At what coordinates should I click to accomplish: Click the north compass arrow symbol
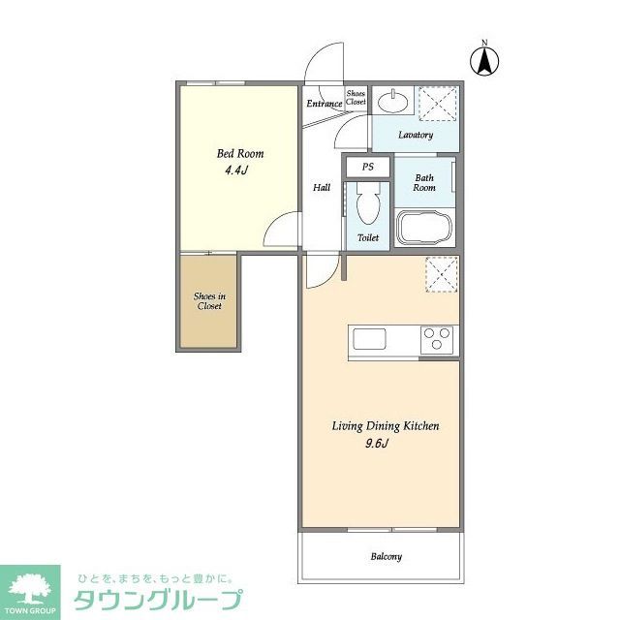(x=484, y=60)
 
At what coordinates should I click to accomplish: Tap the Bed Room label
(x=239, y=154)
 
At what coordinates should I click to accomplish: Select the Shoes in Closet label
(x=207, y=300)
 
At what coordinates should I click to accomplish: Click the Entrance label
(x=324, y=104)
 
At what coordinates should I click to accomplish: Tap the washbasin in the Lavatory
(x=393, y=101)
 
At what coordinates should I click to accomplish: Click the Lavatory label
(x=415, y=135)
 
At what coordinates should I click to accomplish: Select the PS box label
(x=367, y=167)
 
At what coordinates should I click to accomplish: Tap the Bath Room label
(x=424, y=182)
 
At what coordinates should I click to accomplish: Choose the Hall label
(x=322, y=188)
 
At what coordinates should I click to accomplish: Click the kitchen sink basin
(x=369, y=339)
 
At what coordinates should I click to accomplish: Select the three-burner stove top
(x=436, y=340)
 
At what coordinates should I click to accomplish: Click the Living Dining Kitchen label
(x=386, y=426)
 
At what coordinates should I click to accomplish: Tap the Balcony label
(x=385, y=557)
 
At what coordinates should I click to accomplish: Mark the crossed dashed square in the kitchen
(x=442, y=275)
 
